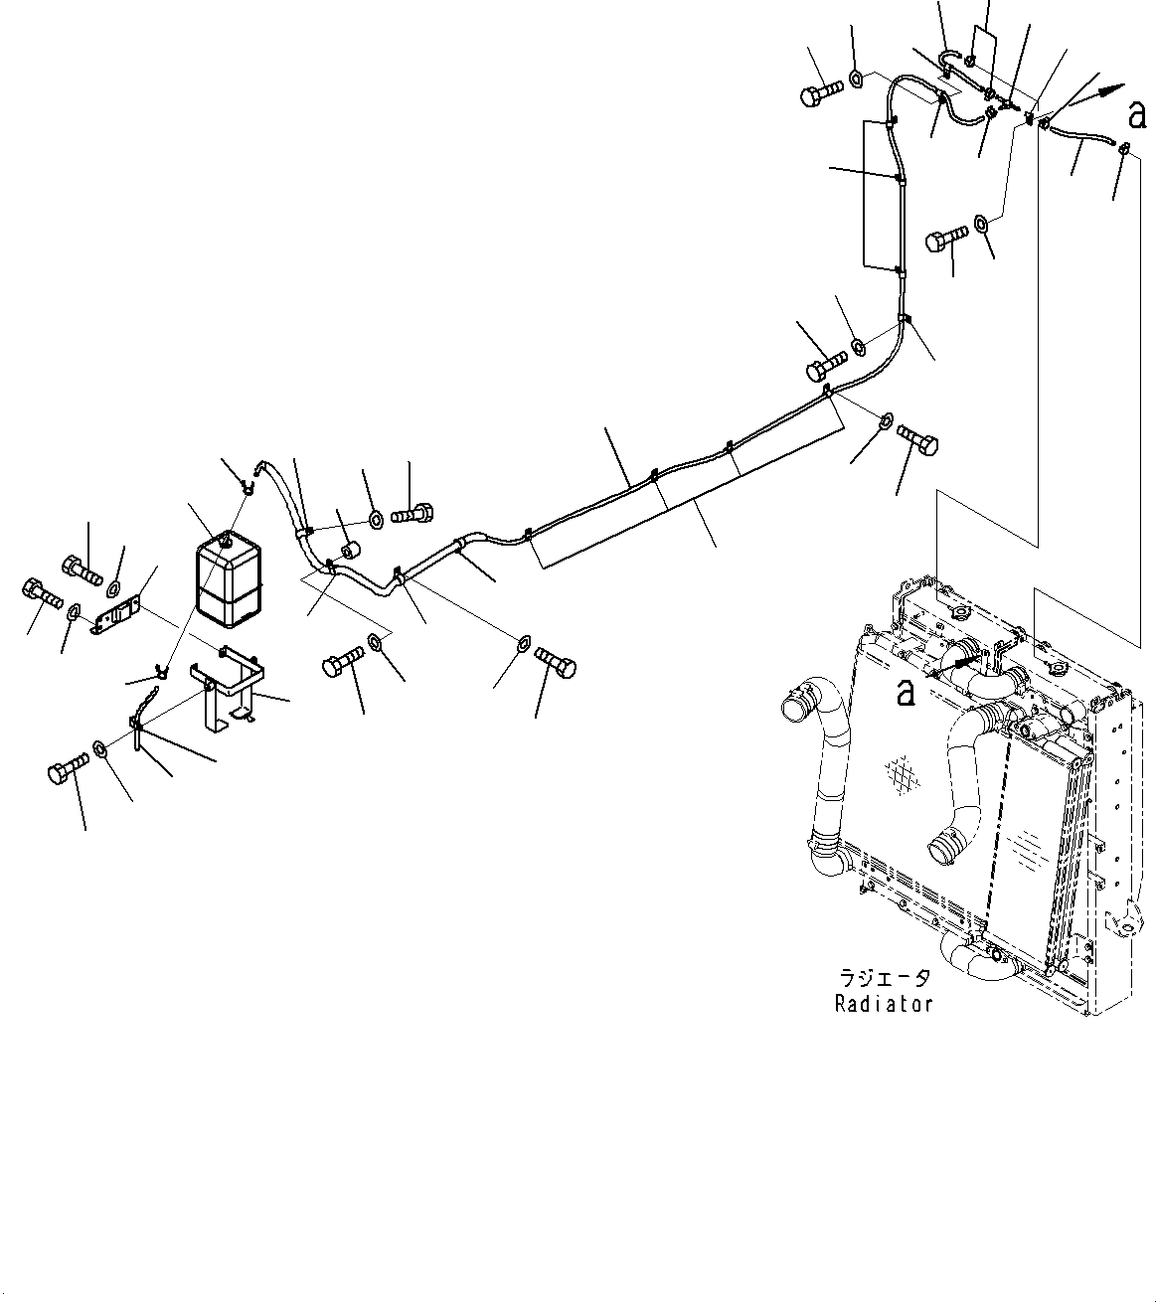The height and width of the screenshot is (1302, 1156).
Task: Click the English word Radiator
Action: [884, 1004]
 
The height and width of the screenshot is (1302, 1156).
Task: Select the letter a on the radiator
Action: [906, 692]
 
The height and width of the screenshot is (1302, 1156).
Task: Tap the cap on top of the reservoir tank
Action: [229, 539]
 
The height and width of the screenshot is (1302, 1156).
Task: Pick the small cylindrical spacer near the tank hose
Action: [350, 551]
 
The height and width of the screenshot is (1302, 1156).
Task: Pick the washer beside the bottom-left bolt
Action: [101, 747]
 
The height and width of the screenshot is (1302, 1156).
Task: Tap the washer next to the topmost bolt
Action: [856, 77]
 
